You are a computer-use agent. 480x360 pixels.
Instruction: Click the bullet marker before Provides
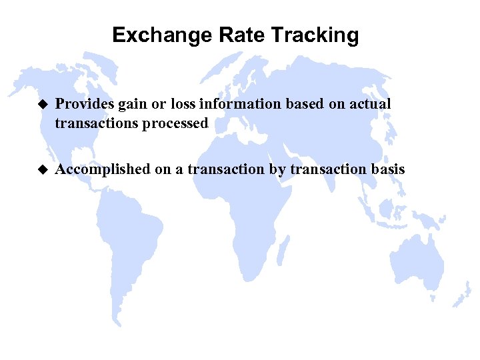pyautogui.click(x=43, y=104)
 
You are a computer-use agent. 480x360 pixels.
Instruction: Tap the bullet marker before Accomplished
pyautogui.click(x=43, y=169)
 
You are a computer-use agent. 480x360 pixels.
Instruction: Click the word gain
pyautogui.click(x=129, y=105)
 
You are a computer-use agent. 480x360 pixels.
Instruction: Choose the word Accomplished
pyautogui.click(x=103, y=169)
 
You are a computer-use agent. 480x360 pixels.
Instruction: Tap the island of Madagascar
pyautogui.click(x=283, y=253)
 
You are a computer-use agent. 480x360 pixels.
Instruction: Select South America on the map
pyautogui.click(x=127, y=240)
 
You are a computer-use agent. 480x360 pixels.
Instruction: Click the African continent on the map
pyautogui.click(x=240, y=200)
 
